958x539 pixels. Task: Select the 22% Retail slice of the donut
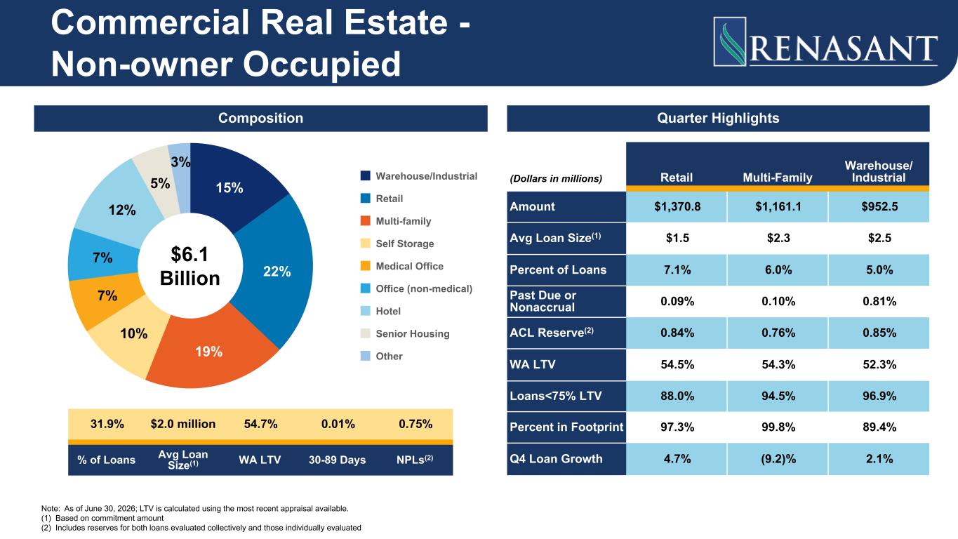[x=277, y=271]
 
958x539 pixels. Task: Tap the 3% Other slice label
[x=180, y=161]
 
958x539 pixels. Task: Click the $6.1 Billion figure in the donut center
[x=190, y=266]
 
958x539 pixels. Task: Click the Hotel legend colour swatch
[x=365, y=311]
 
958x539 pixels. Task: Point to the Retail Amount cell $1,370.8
[x=677, y=206]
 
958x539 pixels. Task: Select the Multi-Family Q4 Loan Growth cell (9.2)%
[x=778, y=459]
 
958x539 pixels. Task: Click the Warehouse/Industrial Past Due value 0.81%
[x=879, y=301]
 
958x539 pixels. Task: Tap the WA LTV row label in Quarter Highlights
[x=533, y=364]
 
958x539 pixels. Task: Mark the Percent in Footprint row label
[x=566, y=427]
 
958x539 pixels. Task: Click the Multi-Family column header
[x=778, y=178]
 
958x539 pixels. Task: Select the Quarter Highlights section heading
[x=718, y=118]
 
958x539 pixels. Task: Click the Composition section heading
[x=260, y=118]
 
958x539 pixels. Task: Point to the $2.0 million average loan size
[x=183, y=424]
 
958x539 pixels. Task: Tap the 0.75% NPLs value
[x=415, y=424]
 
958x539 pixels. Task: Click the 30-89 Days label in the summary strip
[x=337, y=460]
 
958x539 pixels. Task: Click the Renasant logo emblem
[x=730, y=41]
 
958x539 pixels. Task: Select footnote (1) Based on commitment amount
[x=102, y=518]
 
